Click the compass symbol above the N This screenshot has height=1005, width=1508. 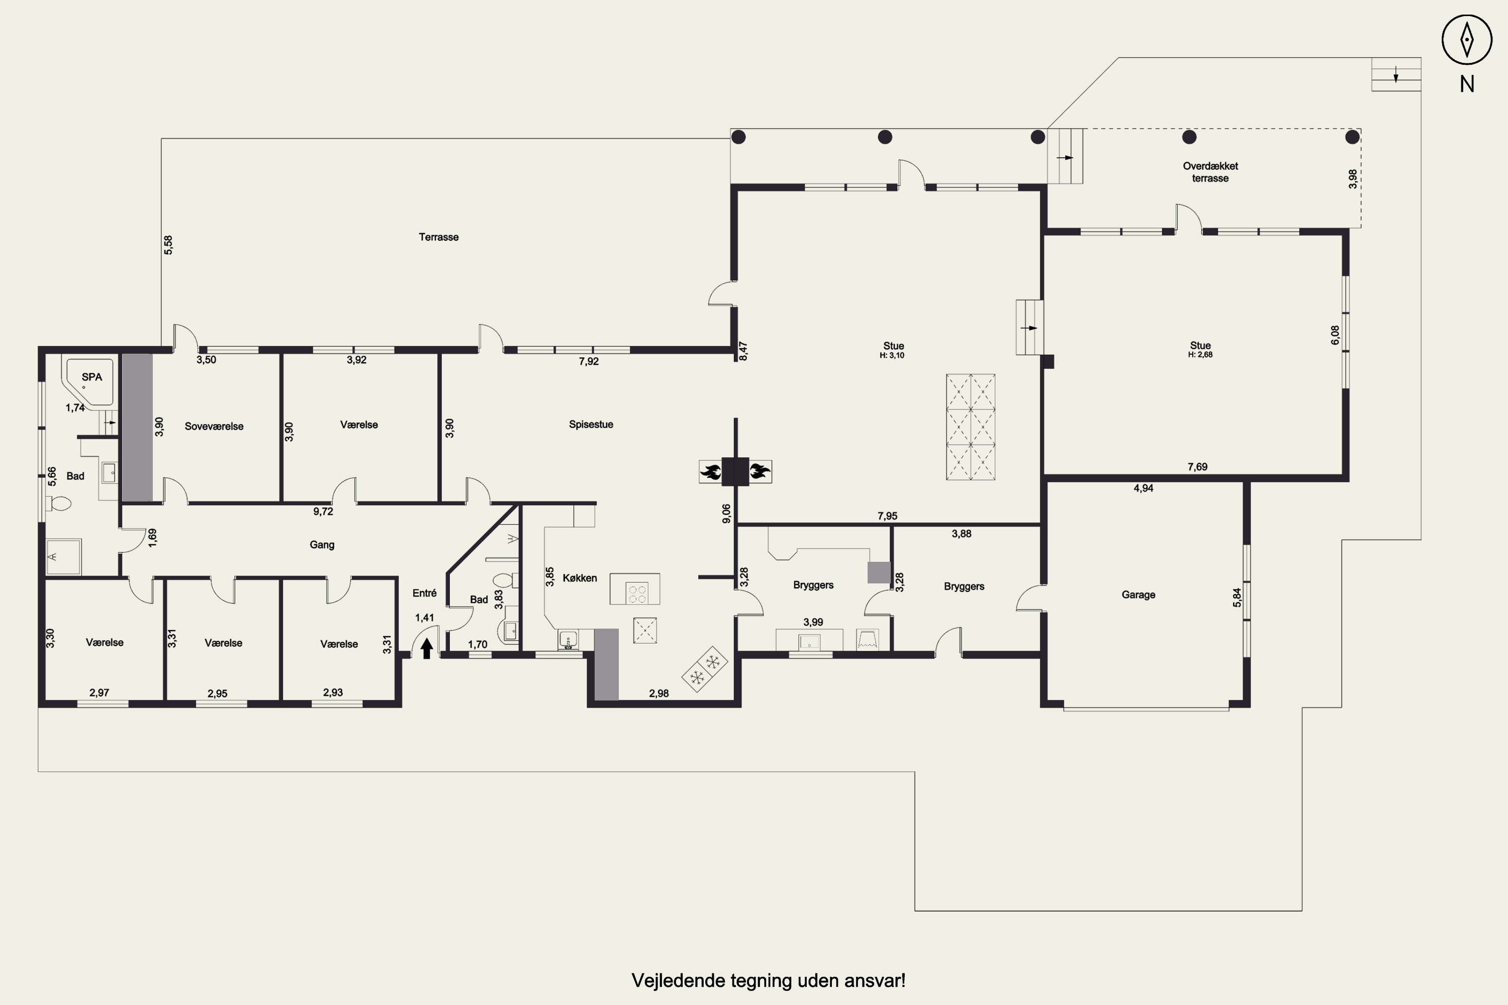[x=1466, y=40]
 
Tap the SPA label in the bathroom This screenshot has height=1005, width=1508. [x=91, y=377]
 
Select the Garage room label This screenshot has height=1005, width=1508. [x=1138, y=595]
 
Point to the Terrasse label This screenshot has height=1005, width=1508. [x=438, y=237]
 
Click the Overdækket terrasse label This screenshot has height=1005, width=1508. [x=1210, y=172]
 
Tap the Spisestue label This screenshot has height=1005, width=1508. [x=591, y=424]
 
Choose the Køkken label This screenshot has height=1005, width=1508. [x=580, y=578]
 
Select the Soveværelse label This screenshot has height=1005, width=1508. [x=214, y=426]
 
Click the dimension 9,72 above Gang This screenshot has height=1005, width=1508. [x=323, y=512]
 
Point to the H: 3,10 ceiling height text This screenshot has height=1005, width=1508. [x=892, y=356]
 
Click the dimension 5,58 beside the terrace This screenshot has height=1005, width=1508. [x=168, y=245]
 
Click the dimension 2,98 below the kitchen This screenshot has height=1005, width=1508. [x=658, y=693]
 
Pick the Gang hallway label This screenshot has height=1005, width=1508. [x=322, y=545]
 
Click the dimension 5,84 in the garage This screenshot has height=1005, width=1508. [x=1237, y=597]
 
